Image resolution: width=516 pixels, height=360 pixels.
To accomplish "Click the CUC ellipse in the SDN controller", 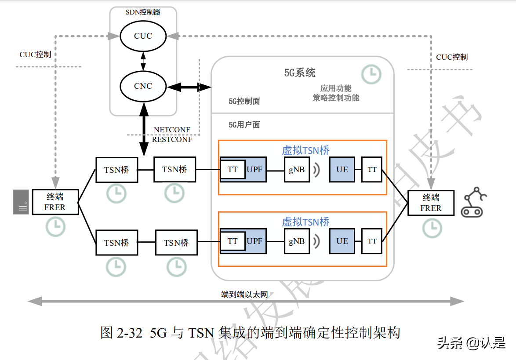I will pyautogui.click(x=143, y=36).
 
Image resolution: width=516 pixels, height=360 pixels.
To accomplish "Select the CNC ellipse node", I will pyautogui.click(x=143, y=86).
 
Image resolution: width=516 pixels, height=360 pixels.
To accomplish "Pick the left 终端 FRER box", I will pyautogui.click(x=55, y=202).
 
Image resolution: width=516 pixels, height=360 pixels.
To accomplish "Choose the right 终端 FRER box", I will pyautogui.click(x=431, y=203).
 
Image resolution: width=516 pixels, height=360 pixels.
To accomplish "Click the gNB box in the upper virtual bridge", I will pyautogui.click(x=297, y=170).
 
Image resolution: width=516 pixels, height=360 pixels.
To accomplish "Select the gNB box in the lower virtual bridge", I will pyautogui.click(x=297, y=241).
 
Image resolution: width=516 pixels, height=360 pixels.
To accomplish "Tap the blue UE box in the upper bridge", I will pyautogui.click(x=342, y=169).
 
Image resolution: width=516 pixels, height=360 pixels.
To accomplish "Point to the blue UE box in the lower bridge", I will pyautogui.click(x=342, y=241).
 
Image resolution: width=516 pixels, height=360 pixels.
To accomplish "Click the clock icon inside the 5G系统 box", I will pyautogui.click(x=371, y=75).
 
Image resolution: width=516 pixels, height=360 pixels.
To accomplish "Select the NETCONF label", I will pyautogui.click(x=172, y=130).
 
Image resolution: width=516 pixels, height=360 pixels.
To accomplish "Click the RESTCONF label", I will pyautogui.click(x=172, y=139).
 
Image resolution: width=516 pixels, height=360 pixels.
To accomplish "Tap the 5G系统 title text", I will pyautogui.click(x=300, y=73).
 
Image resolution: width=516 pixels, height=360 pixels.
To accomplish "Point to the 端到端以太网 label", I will pyautogui.click(x=244, y=294).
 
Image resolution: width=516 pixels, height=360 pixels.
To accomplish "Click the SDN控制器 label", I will pyautogui.click(x=143, y=12).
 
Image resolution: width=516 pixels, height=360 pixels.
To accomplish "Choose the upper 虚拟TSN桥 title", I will pyautogui.click(x=305, y=150).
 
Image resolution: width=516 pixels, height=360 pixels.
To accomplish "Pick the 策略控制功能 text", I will pyautogui.click(x=336, y=98).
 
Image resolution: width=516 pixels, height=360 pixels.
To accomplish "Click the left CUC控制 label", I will pyautogui.click(x=35, y=55).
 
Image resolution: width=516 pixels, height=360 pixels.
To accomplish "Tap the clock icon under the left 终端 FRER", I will pyautogui.click(x=56, y=227).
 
